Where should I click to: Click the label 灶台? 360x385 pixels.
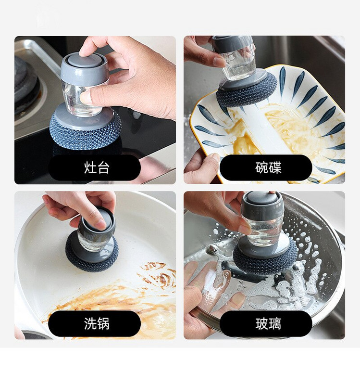coord(97,167)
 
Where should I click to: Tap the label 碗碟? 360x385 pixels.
coord(268,167)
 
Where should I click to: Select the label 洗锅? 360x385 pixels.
coord(97,323)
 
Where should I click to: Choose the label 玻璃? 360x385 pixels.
coord(268,323)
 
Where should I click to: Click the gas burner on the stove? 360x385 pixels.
coord(26,83)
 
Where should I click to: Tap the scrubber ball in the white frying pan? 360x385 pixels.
coord(92,256)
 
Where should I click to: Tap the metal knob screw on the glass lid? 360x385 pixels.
coord(211,250)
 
